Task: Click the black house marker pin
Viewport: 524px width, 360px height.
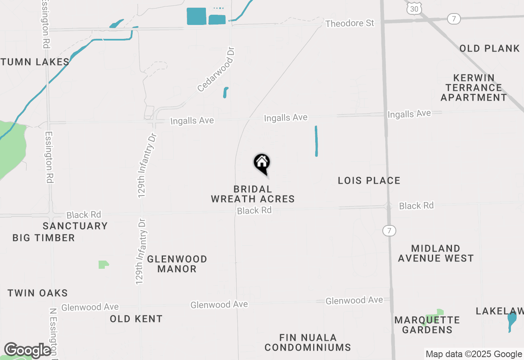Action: pyautogui.click(x=262, y=163)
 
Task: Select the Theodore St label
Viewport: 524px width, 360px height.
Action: pyautogui.click(x=350, y=23)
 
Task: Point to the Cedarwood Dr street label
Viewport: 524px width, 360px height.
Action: pyautogui.click(x=217, y=69)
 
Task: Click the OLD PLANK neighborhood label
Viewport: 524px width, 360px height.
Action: pyautogui.click(x=489, y=48)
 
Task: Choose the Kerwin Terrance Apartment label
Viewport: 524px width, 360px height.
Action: pyautogui.click(x=474, y=88)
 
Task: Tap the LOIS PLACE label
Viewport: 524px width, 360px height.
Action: pyautogui.click(x=369, y=180)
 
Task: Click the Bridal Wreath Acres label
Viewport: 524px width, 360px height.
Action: pyautogui.click(x=253, y=194)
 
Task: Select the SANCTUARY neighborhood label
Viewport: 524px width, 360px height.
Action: pyautogui.click(x=75, y=226)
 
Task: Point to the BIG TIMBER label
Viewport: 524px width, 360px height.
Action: pyautogui.click(x=44, y=238)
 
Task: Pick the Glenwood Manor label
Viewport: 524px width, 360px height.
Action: pyautogui.click(x=177, y=264)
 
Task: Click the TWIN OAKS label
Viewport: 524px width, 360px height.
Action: pyautogui.click(x=38, y=293)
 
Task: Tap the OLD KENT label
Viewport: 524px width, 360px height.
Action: pyautogui.click(x=136, y=319)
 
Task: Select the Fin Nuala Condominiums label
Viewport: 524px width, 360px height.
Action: pyautogui.click(x=307, y=342)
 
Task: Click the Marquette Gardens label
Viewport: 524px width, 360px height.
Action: pyautogui.click(x=427, y=325)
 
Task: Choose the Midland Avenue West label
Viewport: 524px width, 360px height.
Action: pyautogui.click(x=436, y=253)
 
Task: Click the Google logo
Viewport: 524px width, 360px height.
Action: pyautogui.click(x=27, y=350)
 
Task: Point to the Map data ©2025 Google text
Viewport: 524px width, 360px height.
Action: pyautogui.click(x=474, y=354)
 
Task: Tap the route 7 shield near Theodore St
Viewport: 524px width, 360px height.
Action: pyautogui.click(x=454, y=19)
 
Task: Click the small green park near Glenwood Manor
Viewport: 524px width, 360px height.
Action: pyautogui.click(x=104, y=265)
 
